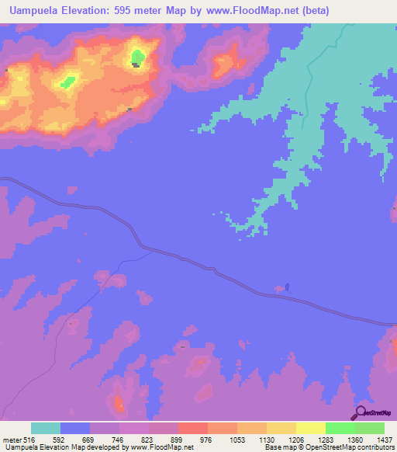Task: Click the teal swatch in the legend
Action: [46, 428]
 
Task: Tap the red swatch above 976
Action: [193, 428]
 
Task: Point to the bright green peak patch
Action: [137, 56]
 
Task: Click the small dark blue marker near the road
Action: [288, 287]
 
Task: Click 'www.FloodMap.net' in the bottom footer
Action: [161, 447]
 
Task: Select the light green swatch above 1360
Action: [340, 428]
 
